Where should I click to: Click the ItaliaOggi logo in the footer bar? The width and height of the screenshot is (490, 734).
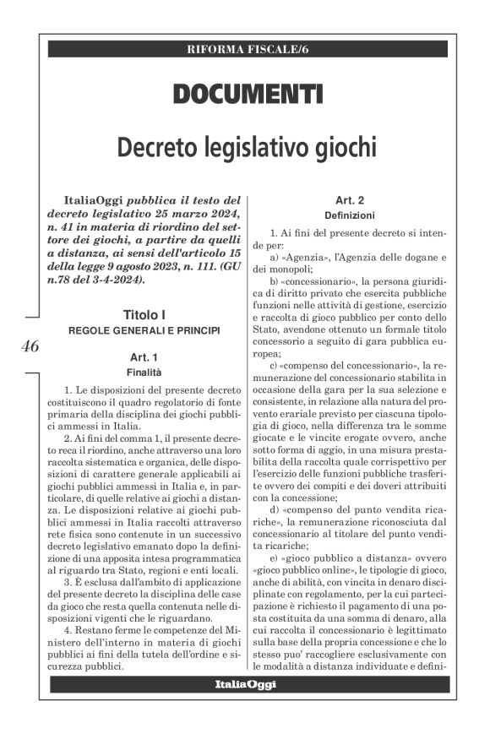pyautogui.click(x=245, y=684)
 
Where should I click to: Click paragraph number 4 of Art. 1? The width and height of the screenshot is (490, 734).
pyautogui.click(x=67, y=631)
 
